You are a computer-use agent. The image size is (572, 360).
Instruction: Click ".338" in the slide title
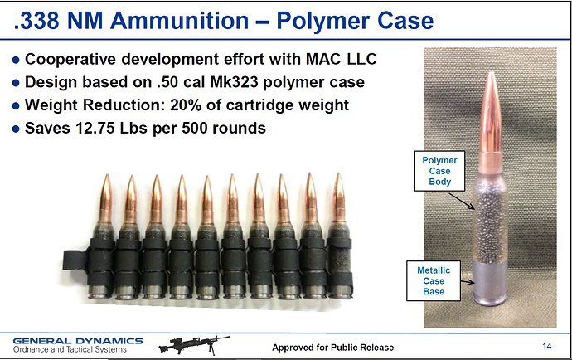pyautogui.click(x=36, y=21)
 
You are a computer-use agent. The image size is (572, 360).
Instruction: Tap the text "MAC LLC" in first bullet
pyautogui.click(x=341, y=59)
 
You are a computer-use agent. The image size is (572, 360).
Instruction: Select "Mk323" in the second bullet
pyautogui.click(x=234, y=82)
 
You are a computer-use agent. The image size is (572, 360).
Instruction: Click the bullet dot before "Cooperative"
pyautogui.click(x=16, y=60)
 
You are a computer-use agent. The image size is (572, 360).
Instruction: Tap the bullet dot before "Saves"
pyautogui.click(x=16, y=129)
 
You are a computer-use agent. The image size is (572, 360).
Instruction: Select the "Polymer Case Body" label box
pyautogui.click(x=439, y=171)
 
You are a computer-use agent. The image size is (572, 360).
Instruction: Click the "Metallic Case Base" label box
pyautogui.click(x=434, y=280)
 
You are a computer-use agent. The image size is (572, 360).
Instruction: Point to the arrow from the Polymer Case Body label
pyautogui.click(x=462, y=202)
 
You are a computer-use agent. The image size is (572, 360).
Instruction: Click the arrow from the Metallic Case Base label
pyautogui.click(x=468, y=282)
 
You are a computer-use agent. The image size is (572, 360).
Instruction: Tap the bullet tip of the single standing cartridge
pyautogui.click(x=492, y=73)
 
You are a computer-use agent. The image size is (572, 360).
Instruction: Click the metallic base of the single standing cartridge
pyautogui.click(x=490, y=282)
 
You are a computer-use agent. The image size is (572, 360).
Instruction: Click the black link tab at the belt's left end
pyautogui.click(x=75, y=260)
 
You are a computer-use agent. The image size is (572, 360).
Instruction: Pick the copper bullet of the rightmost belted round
pyautogui.click(x=338, y=198)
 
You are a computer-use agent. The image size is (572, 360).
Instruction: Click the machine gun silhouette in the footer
pyautogui.click(x=194, y=345)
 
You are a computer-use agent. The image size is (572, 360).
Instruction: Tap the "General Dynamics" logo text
pyautogui.click(x=78, y=341)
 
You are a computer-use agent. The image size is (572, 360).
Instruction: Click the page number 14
pyautogui.click(x=547, y=346)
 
